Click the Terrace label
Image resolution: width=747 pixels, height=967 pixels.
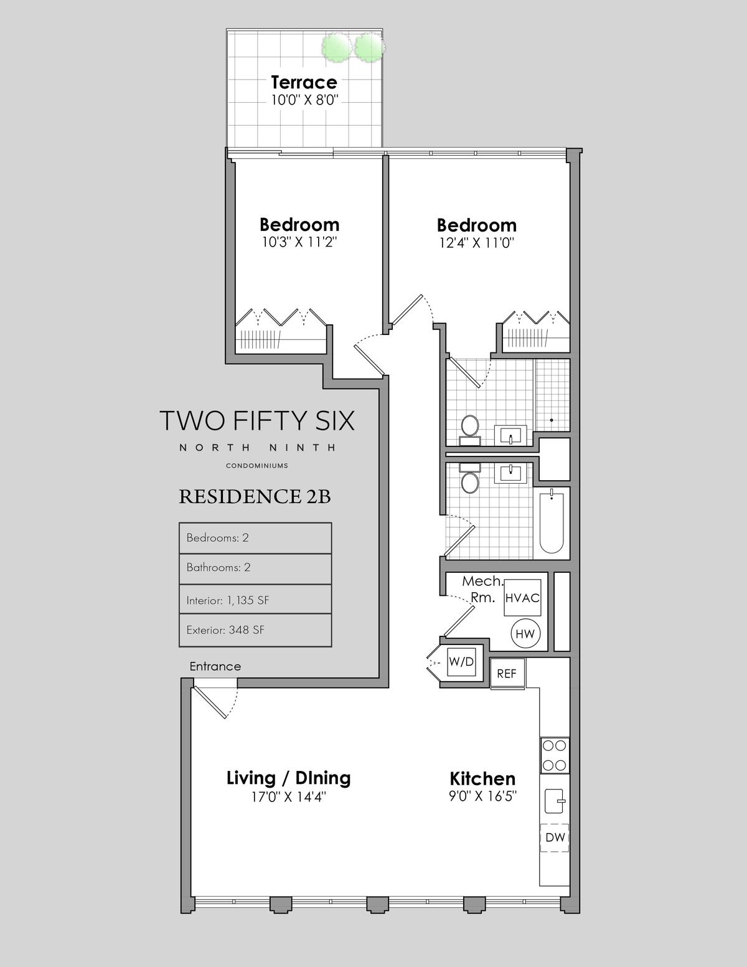tap(304, 82)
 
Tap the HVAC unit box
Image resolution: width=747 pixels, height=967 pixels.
tap(522, 598)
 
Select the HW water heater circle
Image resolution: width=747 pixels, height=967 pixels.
tap(525, 634)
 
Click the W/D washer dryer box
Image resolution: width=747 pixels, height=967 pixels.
tap(461, 662)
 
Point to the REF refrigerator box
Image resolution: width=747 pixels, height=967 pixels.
tap(507, 673)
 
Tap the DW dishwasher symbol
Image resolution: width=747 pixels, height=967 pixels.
tap(555, 837)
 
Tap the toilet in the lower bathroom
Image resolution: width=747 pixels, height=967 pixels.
tap(470, 478)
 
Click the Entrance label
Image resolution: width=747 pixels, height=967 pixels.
tap(215, 666)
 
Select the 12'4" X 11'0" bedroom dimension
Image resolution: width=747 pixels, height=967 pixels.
tap(476, 243)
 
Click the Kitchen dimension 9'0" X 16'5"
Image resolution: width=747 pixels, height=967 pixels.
tap(482, 796)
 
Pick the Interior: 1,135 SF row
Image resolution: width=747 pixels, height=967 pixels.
tap(255, 600)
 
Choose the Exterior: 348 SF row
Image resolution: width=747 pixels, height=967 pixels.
tap(255, 630)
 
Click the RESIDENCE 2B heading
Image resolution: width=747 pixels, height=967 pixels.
tap(255, 497)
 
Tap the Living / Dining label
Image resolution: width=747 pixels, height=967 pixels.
tap(289, 778)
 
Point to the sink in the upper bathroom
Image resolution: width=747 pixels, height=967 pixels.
tap(510, 435)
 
